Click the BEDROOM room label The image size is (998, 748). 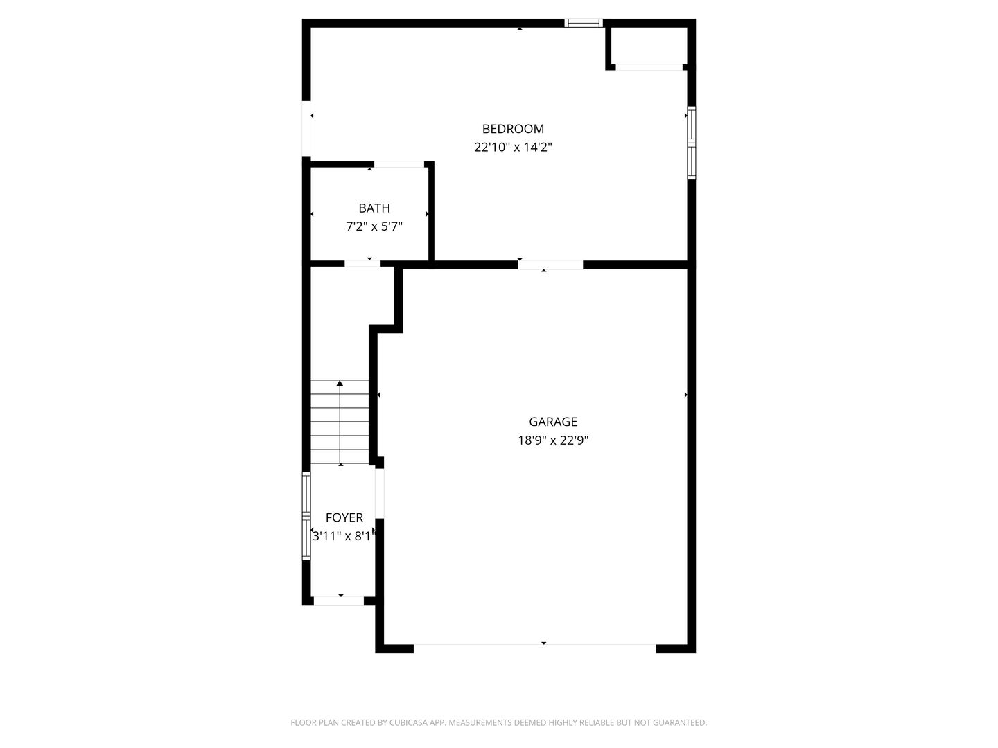pos(513,129)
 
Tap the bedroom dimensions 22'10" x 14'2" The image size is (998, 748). pos(513,148)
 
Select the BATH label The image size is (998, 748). pos(374,208)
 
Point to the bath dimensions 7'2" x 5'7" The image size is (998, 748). pos(374,226)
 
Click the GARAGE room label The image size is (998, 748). pos(553,422)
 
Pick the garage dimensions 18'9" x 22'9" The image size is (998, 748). pos(553,440)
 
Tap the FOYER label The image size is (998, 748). pos(344,518)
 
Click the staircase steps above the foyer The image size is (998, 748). pos(340,422)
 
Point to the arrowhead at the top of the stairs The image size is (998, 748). pos(340,383)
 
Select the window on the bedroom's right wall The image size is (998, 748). pos(691,143)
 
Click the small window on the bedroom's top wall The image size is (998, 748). pos(584,23)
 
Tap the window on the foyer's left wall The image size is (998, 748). pos(306,515)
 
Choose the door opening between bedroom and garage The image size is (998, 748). pos(550,265)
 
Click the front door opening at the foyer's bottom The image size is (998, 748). pos(339,600)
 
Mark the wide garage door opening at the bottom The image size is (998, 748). pos(534,648)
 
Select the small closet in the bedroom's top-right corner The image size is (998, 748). pos(647,46)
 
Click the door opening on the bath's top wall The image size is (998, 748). pos(399,165)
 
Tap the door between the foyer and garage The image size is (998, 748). pos(379,493)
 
